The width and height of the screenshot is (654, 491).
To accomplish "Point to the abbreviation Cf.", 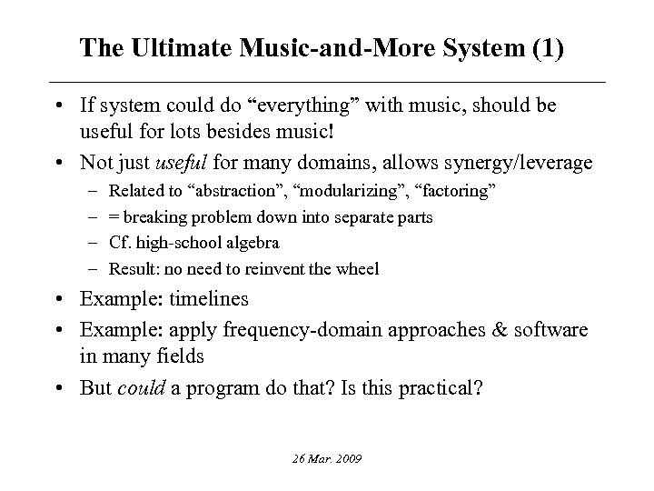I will pos(120,243).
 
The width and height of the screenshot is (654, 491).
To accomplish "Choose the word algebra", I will pos(253,243).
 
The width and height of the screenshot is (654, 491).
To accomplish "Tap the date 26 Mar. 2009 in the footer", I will pos(326,460).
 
